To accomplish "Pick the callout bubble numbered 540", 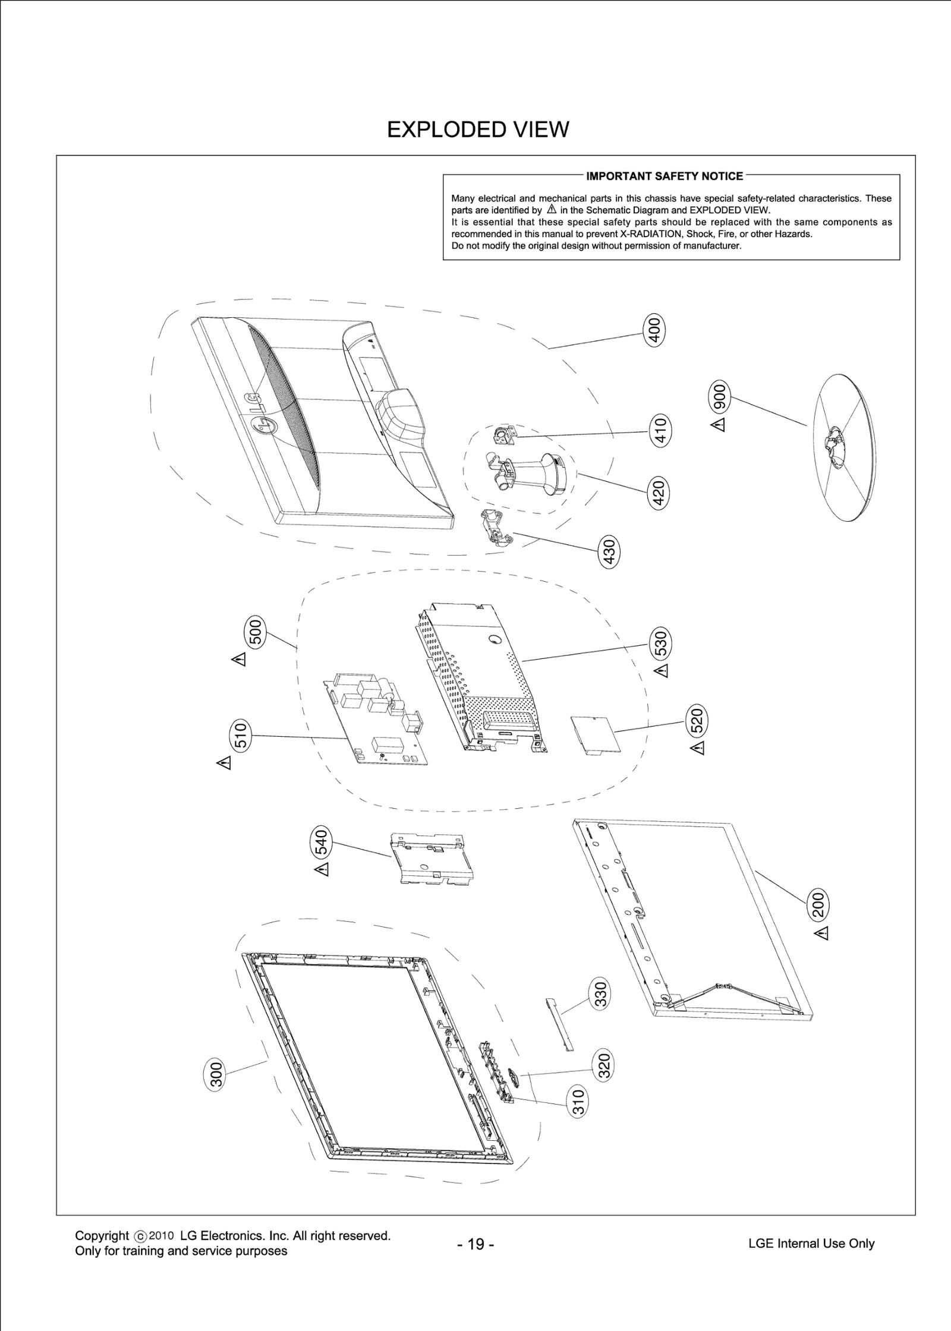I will point(320,842).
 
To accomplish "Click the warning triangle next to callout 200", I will point(822,933).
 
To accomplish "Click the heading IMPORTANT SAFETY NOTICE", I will point(664,176).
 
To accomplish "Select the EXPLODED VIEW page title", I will point(478,130).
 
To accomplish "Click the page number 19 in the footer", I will point(475,1244).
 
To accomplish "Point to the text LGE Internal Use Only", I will point(811,1243).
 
